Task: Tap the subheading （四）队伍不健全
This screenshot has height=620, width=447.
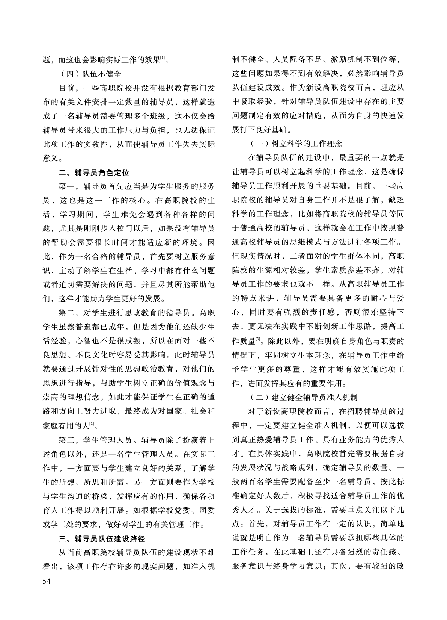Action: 91,74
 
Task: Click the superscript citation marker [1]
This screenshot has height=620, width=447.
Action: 163,58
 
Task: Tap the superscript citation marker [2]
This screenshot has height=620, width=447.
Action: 91,424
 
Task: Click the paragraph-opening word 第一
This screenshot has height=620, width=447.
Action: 68,187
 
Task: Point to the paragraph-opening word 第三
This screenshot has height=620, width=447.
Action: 68,440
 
